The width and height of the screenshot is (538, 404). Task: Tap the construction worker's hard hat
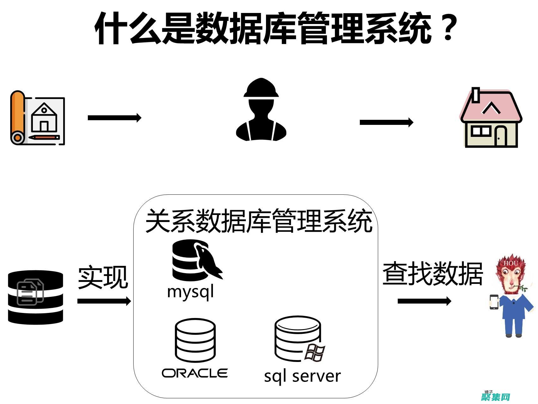261,88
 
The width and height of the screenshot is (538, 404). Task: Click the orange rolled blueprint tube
18,117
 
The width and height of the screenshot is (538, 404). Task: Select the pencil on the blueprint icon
44,138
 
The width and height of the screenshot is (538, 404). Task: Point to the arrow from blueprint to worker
114,118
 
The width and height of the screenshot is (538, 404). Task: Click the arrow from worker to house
386,122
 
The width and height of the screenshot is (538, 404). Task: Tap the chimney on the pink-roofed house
476,95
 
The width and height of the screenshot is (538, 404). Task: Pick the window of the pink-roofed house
480,131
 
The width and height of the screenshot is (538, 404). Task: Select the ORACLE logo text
195,373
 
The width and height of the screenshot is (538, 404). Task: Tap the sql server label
302,376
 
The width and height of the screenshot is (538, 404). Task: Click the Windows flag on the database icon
315,353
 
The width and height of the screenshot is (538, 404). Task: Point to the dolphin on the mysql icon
209,261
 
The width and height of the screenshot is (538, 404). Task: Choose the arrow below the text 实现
104,301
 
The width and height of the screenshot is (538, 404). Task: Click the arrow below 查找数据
424,301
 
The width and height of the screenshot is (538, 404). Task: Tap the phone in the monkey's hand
494,302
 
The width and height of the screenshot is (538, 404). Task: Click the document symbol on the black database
30,292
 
